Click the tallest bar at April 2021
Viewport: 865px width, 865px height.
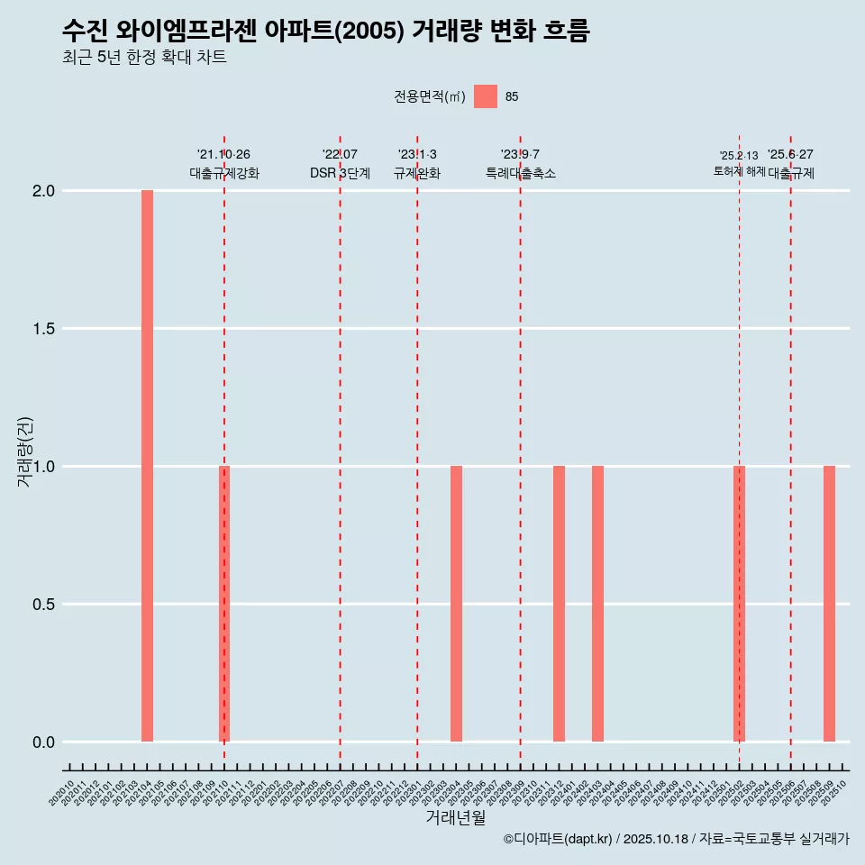tap(147, 466)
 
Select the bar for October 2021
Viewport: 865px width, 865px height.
tap(224, 604)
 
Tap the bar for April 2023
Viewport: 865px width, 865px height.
tap(456, 604)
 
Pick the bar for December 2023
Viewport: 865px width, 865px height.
tap(559, 604)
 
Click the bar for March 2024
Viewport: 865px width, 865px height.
tap(597, 604)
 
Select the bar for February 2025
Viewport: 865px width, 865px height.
tap(739, 604)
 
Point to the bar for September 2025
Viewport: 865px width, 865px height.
tap(829, 604)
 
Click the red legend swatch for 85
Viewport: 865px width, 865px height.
tap(486, 96)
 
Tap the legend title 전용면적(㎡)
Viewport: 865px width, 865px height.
tap(430, 96)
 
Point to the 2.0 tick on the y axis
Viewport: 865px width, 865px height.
tap(44, 191)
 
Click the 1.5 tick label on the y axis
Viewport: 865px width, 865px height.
tap(44, 329)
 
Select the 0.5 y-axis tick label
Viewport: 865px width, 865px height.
tap(44, 605)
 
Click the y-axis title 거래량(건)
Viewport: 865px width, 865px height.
tap(24, 451)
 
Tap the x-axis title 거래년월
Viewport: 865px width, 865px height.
tap(455, 818)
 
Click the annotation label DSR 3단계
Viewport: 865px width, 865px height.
tap(340, 173)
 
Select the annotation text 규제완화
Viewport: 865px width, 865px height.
tap(416, 173)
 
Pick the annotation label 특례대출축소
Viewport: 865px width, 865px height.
tap(520, 173)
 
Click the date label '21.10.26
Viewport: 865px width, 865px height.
tap(223, 154)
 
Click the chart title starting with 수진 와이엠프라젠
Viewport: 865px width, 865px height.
tap(325, 32)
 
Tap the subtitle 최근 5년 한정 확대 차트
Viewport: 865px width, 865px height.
tap(144, 58)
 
